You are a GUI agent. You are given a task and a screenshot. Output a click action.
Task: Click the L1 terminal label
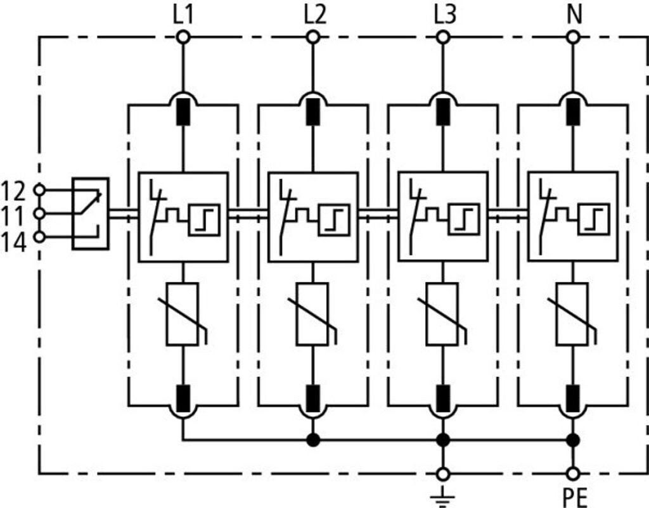[x=183, y=15]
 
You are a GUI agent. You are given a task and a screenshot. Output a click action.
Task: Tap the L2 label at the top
[x=315, y=15]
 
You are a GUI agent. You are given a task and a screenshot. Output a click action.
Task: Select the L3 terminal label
[x=445, y=15]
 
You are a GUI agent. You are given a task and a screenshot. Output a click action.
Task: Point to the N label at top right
[x=574, y=15]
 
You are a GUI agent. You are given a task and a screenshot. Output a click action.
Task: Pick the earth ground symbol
[x=443, y=497]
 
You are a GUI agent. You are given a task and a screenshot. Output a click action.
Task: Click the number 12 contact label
[x=14, y=191]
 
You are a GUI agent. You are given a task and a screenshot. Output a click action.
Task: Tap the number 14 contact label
[x=14, y=243]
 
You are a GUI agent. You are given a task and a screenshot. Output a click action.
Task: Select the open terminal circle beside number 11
[x=39, y=213]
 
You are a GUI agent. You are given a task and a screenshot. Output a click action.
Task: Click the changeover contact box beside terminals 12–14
[x=91, y=214]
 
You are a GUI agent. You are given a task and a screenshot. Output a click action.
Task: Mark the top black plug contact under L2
[x=313, y=111]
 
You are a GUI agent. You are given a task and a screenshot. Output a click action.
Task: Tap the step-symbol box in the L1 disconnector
[x=204, y=220]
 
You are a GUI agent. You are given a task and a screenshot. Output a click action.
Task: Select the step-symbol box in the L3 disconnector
[x=464, y=220]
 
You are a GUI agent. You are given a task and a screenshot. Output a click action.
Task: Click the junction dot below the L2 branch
[x=313, y=440]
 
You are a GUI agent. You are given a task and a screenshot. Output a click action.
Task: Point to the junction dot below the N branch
[x=573, y=440]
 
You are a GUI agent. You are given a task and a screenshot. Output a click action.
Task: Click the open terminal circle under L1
[x=183, y=37]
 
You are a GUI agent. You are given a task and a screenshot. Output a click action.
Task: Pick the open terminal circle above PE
[x=573, y=473]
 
